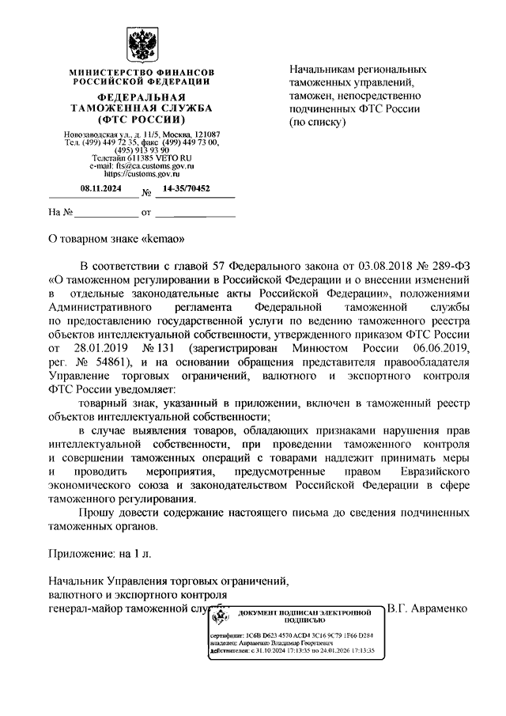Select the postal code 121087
point(208,134)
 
